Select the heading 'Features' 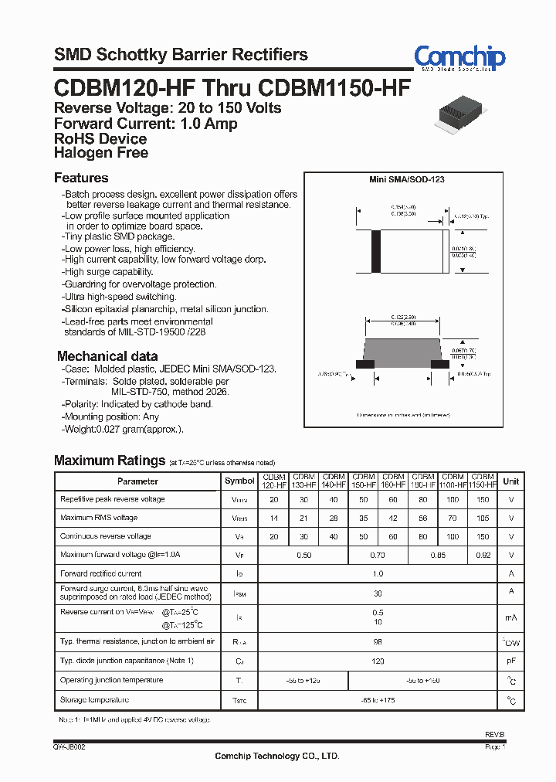point(81,178)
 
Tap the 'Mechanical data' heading point(107,356)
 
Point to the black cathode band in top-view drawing point(376,250)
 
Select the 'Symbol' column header point(239,481)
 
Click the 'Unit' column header point(510,481)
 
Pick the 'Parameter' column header point(137,481)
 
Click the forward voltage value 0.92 point(483,555)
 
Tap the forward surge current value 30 point(378,593)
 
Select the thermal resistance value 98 point(378,641)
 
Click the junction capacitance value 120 point(378,661)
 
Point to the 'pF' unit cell point(510,662)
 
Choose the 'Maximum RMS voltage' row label point(99,518)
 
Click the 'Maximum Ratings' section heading point(110,461)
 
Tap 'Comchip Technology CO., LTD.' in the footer point(276,756)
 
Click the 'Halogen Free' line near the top point(100,153)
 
